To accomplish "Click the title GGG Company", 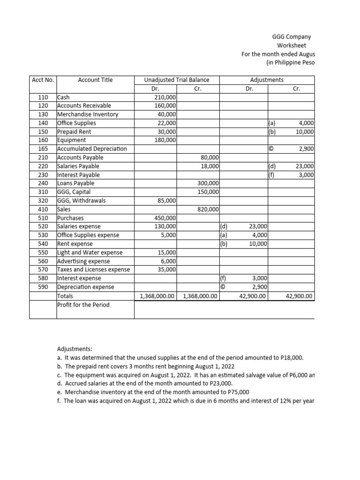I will pyautogui.click(x=292, y=37).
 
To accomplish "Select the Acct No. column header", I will pyautogui.click(x=43, y=80).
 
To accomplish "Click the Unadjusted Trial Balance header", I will pyautogui.click(x=176, y=80).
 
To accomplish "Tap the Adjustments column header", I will pyautogui.click(x=267, y=80).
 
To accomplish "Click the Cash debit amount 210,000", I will pyautogui.click(x=165, y=97).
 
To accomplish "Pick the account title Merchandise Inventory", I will pyautogui.click(x=88, y=114).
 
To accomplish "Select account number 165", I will pyautogui.click(x=43, y=149).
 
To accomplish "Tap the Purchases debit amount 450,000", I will pyautogui.click(x=165, y=218).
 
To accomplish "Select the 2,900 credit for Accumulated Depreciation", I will pyautogui.click(x=306, y=149).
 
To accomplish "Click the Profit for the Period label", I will pyautogui.click(x=83, y=305).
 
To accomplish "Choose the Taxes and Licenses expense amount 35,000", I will pyautogui.click(x=166, y=270).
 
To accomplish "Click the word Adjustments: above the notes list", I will pyautogui.click(x=75, y=349).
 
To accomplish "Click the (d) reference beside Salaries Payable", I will pyautogui.click(x=272, y=166).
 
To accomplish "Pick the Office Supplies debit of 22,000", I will pyautogui.click(x=166, y=123).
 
